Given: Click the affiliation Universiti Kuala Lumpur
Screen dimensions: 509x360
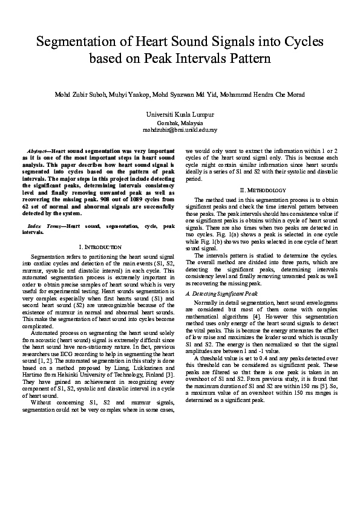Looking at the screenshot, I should (x=180, y=114).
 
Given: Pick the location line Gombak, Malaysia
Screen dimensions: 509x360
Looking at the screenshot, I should (x=180, y=122).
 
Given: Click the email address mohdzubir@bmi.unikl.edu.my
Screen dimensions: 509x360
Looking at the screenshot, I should (x=180, y=129).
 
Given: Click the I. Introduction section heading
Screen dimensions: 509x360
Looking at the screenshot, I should (x=97, y=247).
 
